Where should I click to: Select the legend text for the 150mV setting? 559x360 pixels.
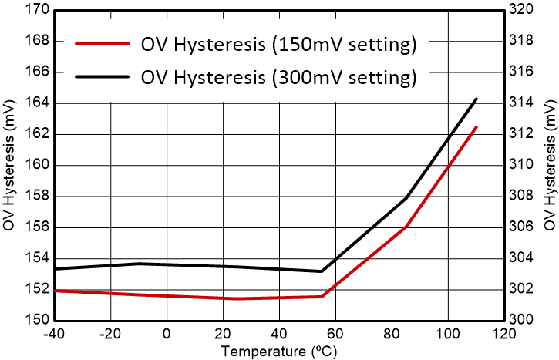pyautogui.click(x=278, y=44)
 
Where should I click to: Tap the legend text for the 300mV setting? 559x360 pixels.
pyautogui.click(x=278, y=77)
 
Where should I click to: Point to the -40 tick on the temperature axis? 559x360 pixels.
pyautogui.click(x=56, y=335)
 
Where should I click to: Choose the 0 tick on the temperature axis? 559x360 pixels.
pyautogui.click(x=167, y=335)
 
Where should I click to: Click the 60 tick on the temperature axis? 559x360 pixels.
pyautogui.click(x=335, y=335)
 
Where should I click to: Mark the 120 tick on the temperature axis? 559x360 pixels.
pyautogui.click(x=503, y=335)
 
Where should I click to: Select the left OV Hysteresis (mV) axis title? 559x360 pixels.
pyautogui.click(x=10, y=165)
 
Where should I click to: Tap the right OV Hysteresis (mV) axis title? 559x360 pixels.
pyautogui.click(x=549, y=165)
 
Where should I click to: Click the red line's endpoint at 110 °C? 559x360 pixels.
pyautogui.click(x=476, y=126)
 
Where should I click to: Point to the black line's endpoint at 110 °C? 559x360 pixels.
pyautogui.click(x=476, y=99)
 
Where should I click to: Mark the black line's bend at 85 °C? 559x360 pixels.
pyautogui.click(x=406, y=198)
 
